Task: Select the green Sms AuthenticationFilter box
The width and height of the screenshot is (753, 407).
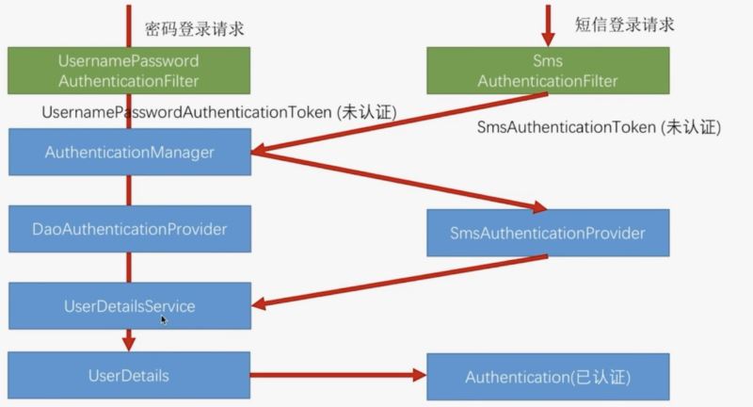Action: coord(548,71)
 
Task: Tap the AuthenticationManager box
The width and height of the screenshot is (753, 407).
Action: coord(130,152)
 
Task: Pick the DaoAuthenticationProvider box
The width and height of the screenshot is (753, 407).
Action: coord(130,228)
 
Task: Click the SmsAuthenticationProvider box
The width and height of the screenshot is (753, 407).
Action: coord(548,232)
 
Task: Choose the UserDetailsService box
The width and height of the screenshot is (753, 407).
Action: coord(130,305)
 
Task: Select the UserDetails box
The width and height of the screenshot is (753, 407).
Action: coord(130,376)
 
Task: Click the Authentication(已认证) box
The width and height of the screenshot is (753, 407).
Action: coord(548,377)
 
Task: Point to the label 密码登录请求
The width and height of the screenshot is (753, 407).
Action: coord(196,28)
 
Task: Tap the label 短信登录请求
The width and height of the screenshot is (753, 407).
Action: coord(624,24)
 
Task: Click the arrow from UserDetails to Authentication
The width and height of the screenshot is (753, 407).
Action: coord(339,376)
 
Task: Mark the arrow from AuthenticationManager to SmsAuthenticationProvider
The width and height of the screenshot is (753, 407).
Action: coord(395,181)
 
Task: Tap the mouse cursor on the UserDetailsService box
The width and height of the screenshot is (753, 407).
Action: coord(164,320)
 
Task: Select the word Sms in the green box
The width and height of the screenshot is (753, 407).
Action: coord(548,61)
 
